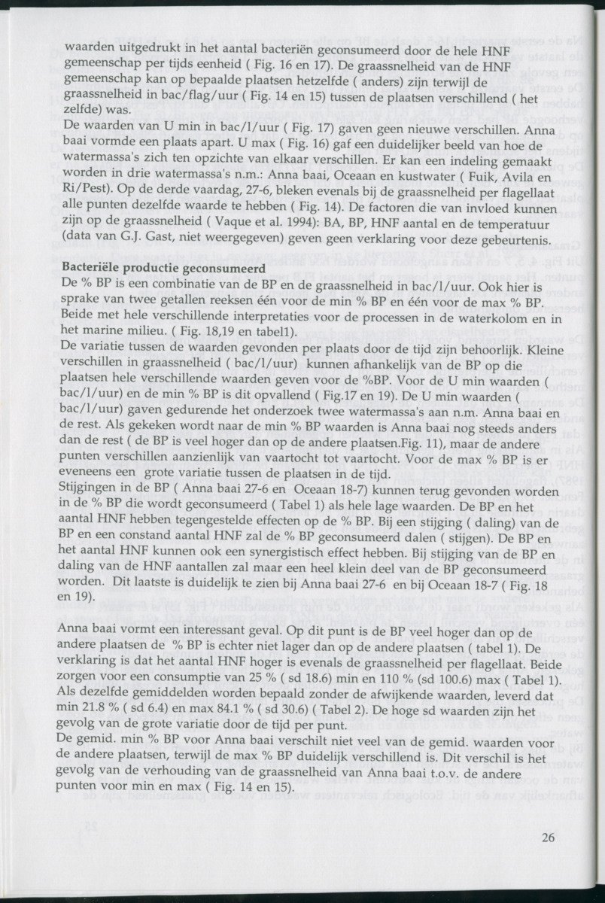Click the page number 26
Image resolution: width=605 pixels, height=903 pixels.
point(548,838)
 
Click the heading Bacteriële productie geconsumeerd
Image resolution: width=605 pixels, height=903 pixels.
point(161,267)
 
